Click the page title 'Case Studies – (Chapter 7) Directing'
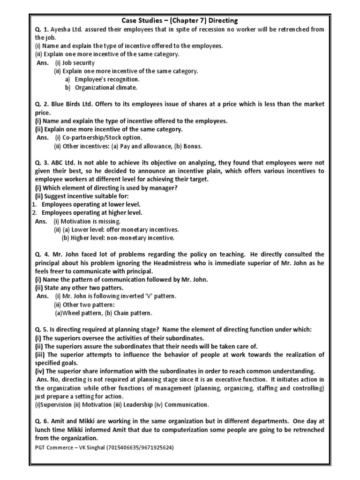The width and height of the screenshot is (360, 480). (180, 21)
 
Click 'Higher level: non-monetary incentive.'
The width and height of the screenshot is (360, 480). (122, 238)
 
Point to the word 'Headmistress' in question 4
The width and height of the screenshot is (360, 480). (155, 263)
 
